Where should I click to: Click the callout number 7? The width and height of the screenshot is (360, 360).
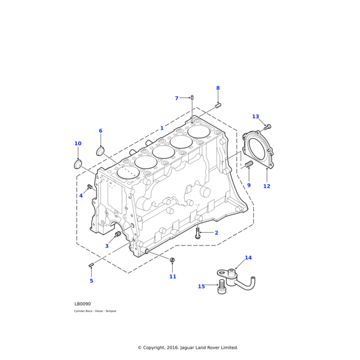click(176, 98)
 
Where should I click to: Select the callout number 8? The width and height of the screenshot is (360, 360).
click(218, 88)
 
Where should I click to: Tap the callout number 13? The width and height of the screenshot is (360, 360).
click(256, 116)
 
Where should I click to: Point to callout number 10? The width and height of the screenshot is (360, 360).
click(78, 143)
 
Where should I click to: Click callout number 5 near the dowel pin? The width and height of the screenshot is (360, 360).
click(91, 281)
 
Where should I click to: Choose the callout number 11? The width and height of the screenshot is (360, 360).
click(173, 277)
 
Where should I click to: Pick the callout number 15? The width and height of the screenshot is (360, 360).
click(201, 286)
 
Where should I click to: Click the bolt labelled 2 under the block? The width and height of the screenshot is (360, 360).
click(197, 234)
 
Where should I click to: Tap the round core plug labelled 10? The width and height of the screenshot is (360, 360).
click(77, 164)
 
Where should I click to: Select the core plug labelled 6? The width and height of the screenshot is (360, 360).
click(100, 150)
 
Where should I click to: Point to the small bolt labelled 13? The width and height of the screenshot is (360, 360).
click(268, 127)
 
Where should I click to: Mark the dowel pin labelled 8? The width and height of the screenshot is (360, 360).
click(218, 106)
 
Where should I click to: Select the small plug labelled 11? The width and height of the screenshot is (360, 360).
click(172, 260)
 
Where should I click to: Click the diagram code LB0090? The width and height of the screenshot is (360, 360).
click(83, 304)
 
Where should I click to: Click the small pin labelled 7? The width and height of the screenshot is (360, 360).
click(192, 97)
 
